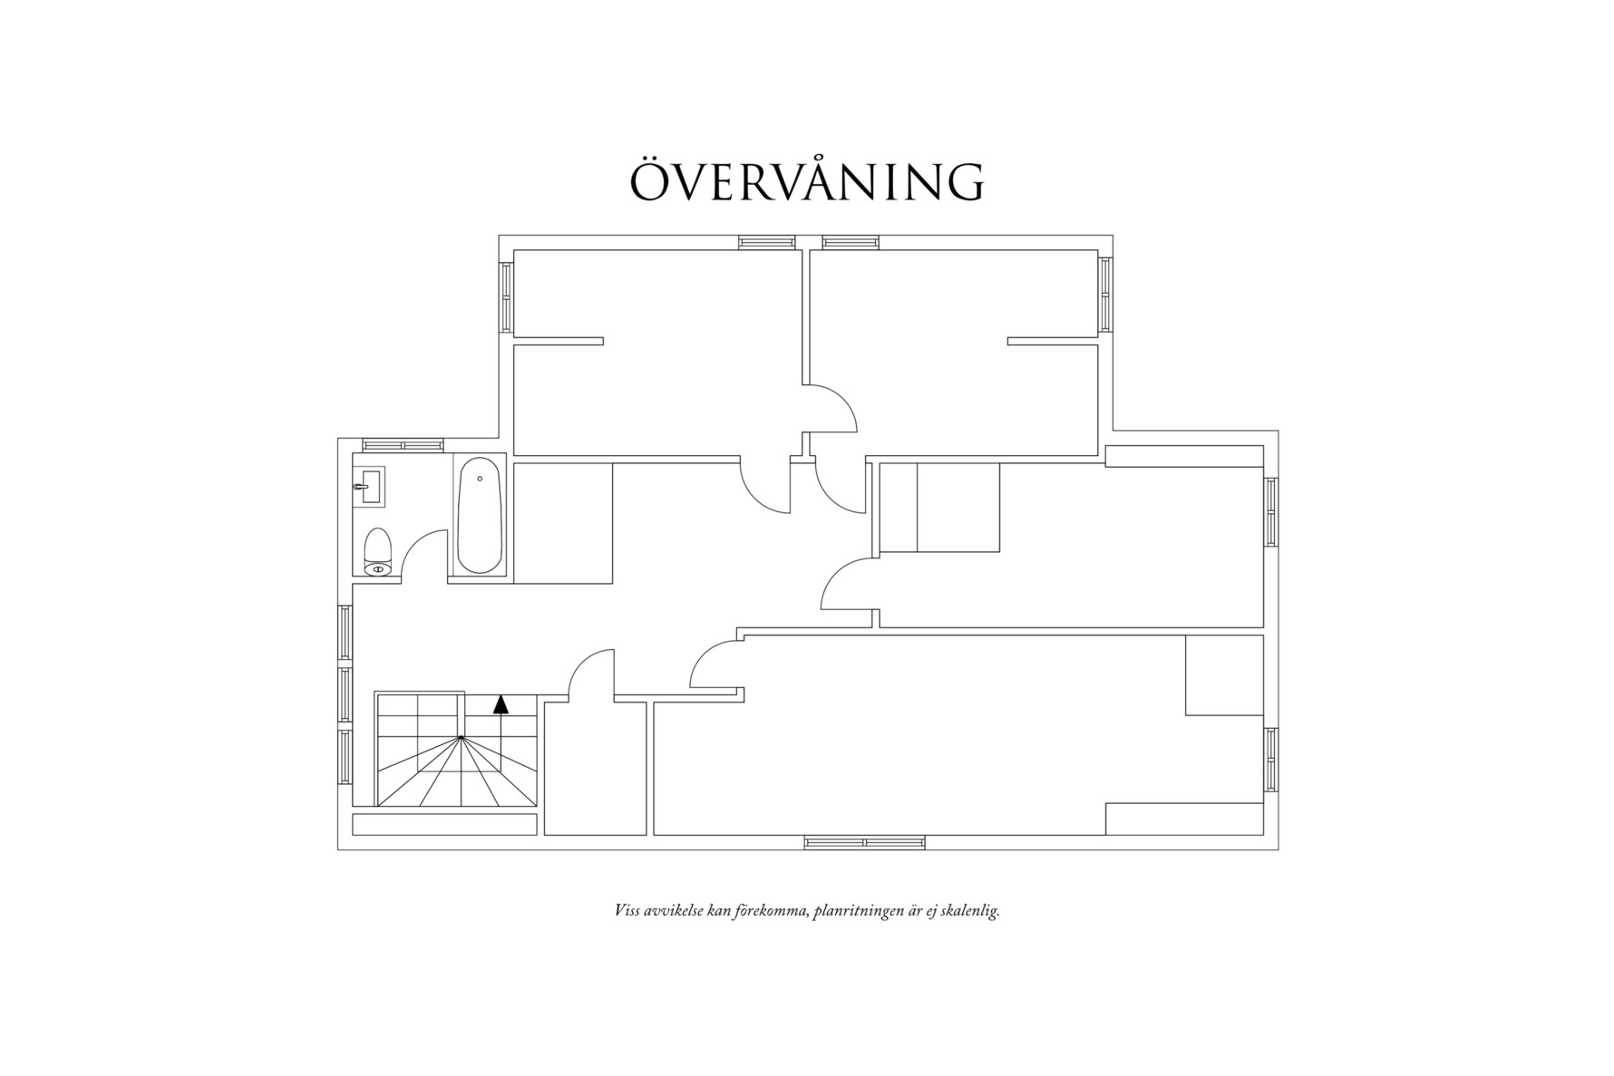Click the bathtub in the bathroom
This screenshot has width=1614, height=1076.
(479, 516)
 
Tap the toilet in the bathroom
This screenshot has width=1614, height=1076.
(377, 551)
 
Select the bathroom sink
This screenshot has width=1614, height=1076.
(369, 487)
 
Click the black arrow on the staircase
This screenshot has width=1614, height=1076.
(501, 704)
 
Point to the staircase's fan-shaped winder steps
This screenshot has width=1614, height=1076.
(462, 775)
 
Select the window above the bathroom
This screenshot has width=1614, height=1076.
(403, 445)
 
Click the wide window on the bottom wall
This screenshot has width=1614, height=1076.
(864, 842)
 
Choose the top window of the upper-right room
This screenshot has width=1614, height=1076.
(851, 242)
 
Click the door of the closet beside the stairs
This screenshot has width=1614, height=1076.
(590, 675)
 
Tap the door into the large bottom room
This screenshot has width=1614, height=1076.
(716, 664)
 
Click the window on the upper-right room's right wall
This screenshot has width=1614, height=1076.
(1105, 294)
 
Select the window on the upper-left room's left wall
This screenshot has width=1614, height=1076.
(506, 296)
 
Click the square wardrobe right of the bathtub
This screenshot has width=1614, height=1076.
(563, 523)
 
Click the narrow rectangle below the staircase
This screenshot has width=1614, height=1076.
(442, 824)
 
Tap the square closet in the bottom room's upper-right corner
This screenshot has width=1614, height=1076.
(1224, 675)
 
